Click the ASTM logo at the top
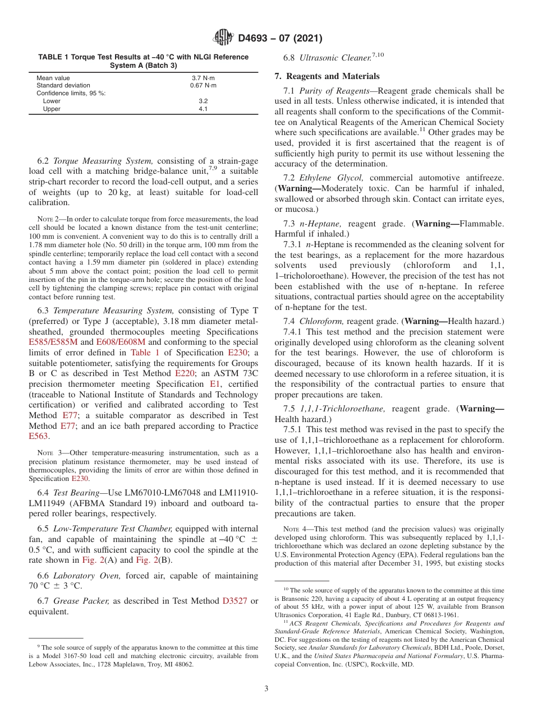coord(223,38)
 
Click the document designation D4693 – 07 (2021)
coord(280,39)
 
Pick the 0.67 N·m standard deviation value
coord(203,86)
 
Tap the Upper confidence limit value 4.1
coord(203,109)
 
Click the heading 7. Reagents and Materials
coord(327,76)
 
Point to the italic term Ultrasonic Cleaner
coord(335,58)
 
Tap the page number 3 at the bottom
coord(266,689)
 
